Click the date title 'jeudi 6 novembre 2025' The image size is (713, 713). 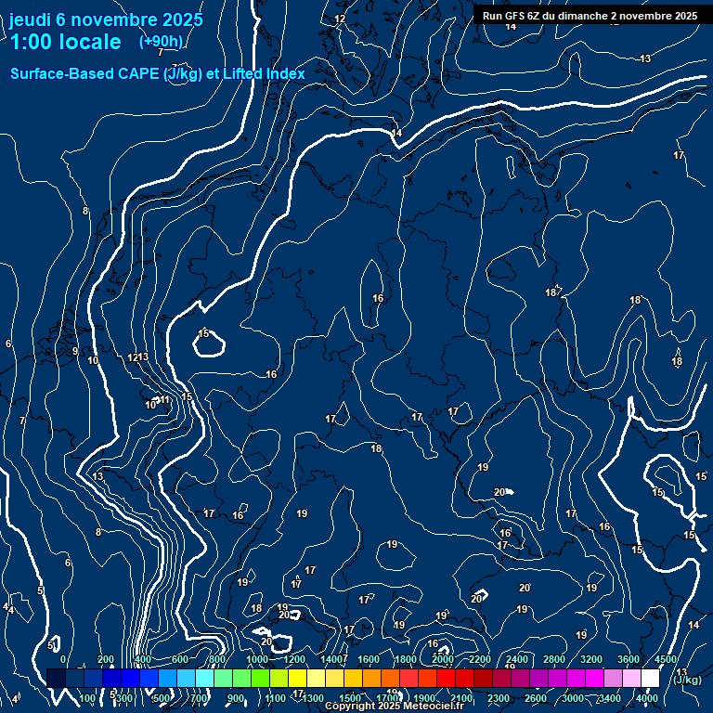[x=96, y=19]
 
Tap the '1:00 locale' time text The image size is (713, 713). [x=65, y=42]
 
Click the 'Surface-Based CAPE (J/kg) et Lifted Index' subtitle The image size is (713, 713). [x=158, y=73]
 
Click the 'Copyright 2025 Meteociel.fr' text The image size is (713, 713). [x=394, y=707]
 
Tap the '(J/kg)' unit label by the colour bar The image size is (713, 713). [x=687, y=680]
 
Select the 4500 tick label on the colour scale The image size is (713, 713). [x=666, y=659]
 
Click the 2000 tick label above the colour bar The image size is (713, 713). [x=443, y=659]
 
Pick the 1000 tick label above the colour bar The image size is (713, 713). [x=257, y=659]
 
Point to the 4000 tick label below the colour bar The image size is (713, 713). [x=647, y=698]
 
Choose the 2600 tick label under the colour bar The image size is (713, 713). [x=536, y=698]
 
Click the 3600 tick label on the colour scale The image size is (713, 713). [x=629, y=659]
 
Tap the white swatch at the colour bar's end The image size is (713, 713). [x=650, y=678]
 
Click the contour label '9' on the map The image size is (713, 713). [x=75, y=351]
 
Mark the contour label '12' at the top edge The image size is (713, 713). [x=340, y=19]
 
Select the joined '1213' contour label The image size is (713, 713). [x=137, y=357]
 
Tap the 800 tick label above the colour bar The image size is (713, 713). [x=217, y=659]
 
